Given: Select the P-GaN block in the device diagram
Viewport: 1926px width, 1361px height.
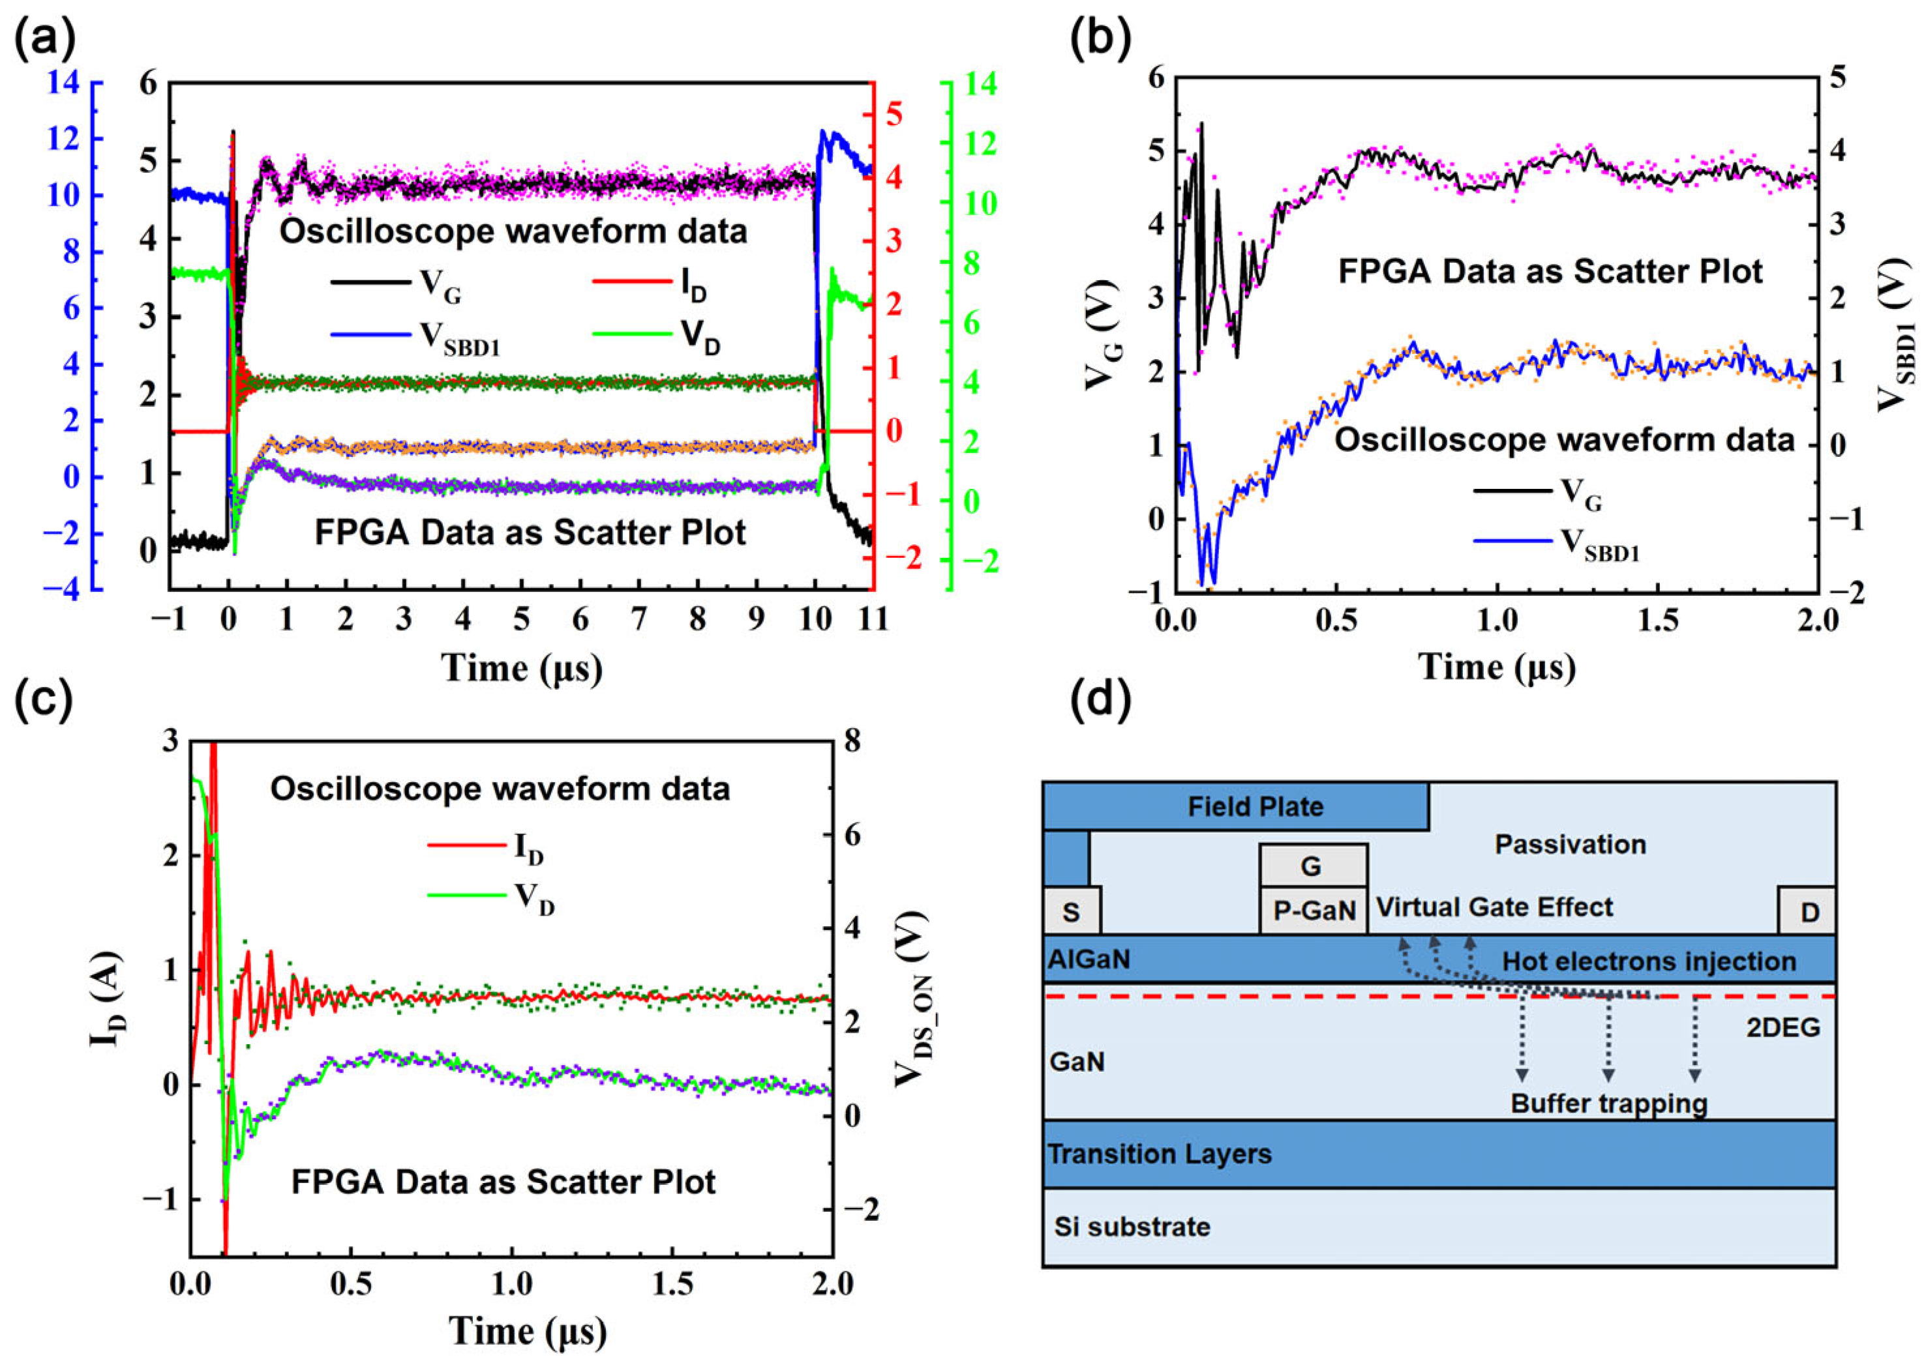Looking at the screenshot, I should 1314,911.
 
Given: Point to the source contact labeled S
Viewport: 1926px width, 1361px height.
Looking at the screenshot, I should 1071,911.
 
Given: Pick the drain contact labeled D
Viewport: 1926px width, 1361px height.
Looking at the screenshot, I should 1809,911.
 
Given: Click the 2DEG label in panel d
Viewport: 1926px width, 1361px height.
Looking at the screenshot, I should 1783,1027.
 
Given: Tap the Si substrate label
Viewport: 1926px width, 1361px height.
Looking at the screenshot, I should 1132,1227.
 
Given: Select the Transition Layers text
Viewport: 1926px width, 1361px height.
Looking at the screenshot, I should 1159,1154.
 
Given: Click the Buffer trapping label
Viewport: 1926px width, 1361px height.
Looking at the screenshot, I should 1609,1103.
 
